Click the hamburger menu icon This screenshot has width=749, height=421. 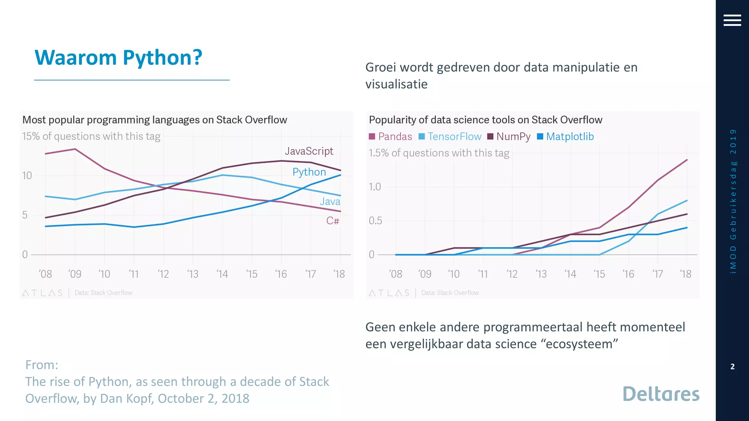click(732, 20)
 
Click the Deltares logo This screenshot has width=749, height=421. click(661, 394)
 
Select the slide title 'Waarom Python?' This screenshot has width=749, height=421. click(118, 58)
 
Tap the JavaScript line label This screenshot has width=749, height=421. click(309, 151)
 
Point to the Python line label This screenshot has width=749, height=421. click(309, 172)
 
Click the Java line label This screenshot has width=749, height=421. click(330, 201)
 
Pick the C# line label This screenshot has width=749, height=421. click(333, 221)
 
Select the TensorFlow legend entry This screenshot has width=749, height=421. click(450, 137)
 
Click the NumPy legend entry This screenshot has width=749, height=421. click(509, 137)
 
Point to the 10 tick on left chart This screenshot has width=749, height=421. click(27, 176)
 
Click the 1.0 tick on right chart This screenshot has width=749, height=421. click(374, 187)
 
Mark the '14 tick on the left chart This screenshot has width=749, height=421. click(222, 274)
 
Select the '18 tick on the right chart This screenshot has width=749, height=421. click(686, 274)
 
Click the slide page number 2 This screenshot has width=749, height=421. click(732, 367)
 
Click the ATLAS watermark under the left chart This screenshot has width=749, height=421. click(42, 293)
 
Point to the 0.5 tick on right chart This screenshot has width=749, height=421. click(375, 221)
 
